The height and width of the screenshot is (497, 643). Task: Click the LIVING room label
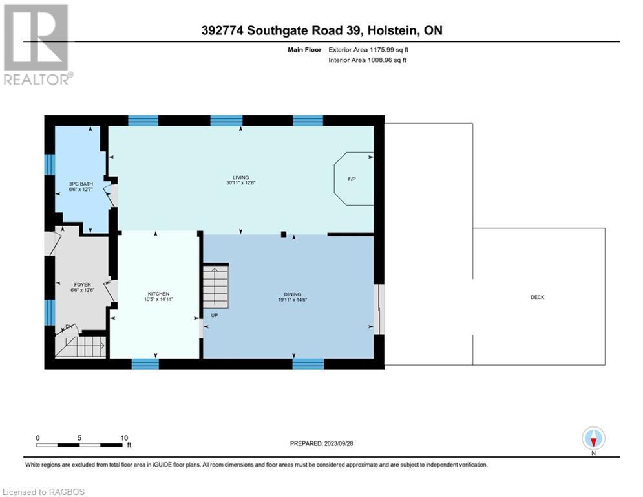point(240,178)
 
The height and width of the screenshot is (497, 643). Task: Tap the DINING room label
point(290,294)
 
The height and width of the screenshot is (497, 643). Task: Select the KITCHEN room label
point(158,294)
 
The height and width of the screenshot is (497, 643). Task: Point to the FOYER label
point(82,285)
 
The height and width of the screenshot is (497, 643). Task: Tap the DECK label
point(537,298)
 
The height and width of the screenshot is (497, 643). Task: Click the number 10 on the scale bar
point(124,437)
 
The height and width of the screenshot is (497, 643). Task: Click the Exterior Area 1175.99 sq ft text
point(368,49)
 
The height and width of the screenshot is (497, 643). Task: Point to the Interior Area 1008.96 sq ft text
point(367,60)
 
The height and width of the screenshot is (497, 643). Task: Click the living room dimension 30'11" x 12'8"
point(240,184)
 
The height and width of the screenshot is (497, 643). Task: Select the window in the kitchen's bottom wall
point(145,364)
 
